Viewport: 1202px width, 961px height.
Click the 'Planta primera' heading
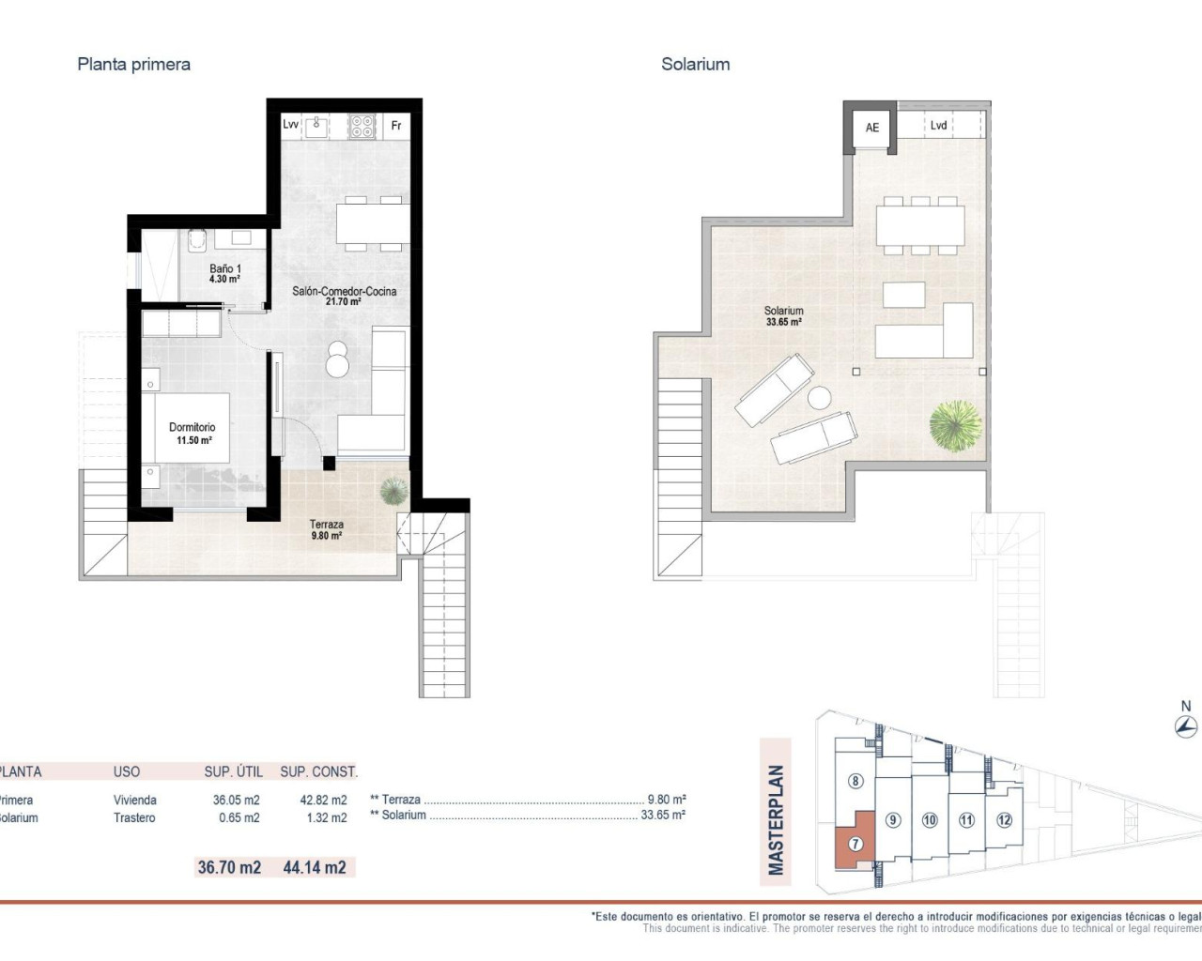[133, 65]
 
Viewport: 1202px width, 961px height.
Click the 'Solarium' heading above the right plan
[695, 65]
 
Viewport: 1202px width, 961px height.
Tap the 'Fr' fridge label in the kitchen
[396, 125]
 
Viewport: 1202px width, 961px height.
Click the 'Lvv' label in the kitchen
[290, 125]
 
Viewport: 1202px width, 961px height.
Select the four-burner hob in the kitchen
[362, 126]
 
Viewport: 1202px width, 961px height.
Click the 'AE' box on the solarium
[872, 128]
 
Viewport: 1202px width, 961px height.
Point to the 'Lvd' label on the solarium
[938, 125]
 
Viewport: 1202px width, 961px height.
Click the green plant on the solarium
[955, 425]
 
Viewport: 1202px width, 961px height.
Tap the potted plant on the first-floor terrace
[393, 491]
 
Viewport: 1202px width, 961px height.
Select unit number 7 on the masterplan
[855, 844]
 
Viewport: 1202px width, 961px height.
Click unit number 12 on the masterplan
[1004, 819]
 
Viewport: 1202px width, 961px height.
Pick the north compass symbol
[1186, 725]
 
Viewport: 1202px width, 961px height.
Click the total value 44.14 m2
[315, 867]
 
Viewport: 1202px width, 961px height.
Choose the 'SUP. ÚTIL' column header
[233, 771]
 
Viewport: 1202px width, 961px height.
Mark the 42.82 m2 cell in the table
[323, 801]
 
